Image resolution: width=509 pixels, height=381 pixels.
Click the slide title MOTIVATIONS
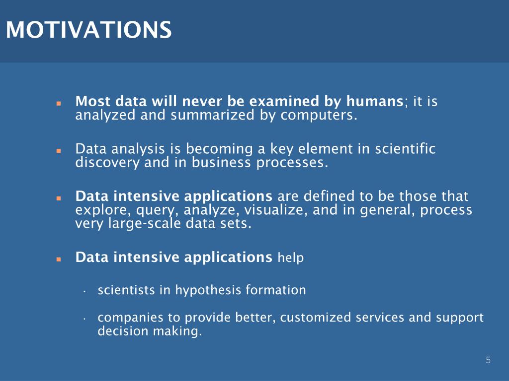[x=88, y=30]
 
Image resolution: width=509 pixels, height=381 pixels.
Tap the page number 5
[x=488, y=360]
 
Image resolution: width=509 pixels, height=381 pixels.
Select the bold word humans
[x=375, y=101]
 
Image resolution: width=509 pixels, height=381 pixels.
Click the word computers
[x=319, y=116]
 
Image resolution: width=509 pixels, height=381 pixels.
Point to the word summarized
[x=212, y=115]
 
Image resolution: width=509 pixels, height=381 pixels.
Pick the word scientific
[x=405, y=149]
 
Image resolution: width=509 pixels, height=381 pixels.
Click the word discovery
[x=107, y=163]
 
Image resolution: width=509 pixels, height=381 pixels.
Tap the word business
[x=221, y=162]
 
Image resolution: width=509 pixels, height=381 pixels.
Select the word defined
[x=329, y=196]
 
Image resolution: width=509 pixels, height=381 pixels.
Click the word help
[x=290, y=257]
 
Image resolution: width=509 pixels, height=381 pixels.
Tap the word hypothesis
[x=208, y=290]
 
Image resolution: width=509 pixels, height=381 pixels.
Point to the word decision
[x=123, y=331]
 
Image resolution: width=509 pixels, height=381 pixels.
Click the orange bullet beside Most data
[x=59, y=104]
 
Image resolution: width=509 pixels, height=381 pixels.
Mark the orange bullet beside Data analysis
[x=59, y=151]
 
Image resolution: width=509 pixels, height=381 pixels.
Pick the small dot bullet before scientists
[x=84, y=292]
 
